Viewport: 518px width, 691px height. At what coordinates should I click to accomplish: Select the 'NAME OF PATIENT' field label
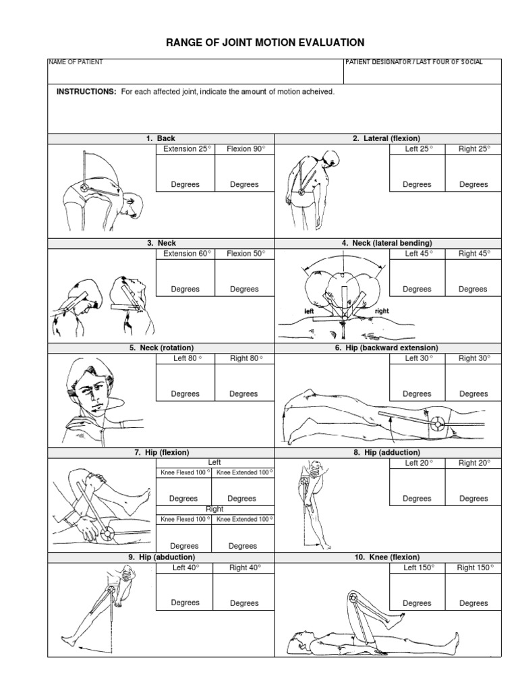pos(76,62)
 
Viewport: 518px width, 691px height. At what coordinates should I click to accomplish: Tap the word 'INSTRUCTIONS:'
pos(86,91)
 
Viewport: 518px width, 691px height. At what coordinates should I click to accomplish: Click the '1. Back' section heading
pos(161,138)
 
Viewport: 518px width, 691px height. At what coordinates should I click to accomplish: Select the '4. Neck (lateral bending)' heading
pos(387,243)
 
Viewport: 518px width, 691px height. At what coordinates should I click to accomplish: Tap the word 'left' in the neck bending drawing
pos(310,311)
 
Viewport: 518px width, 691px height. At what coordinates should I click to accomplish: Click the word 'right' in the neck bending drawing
pos(382,311)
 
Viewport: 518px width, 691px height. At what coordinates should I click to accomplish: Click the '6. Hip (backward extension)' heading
pos(387,348)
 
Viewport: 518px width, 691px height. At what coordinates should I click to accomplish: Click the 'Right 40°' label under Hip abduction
pos(243,568)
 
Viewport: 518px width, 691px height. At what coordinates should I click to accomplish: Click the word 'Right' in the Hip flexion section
pos(214,509)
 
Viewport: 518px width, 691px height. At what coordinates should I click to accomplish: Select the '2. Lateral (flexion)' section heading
pos(387,138)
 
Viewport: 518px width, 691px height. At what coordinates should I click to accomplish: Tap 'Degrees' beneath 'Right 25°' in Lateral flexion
pos(473,184)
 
